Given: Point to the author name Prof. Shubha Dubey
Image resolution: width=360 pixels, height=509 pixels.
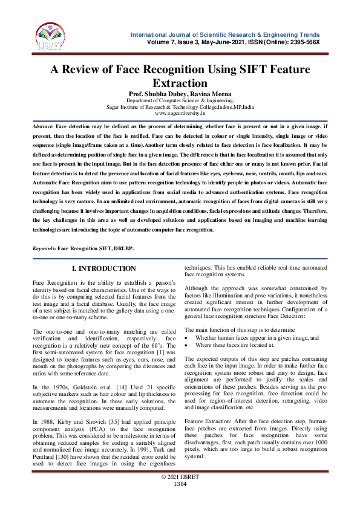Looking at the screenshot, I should [x=155, y=94].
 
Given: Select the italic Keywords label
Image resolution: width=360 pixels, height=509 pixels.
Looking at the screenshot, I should [x=45, y=232].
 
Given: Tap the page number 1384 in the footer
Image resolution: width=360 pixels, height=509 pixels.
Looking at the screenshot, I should [x=180, y=501].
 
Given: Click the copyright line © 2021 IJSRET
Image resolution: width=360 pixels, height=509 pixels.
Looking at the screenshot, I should [x=180, y=494].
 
